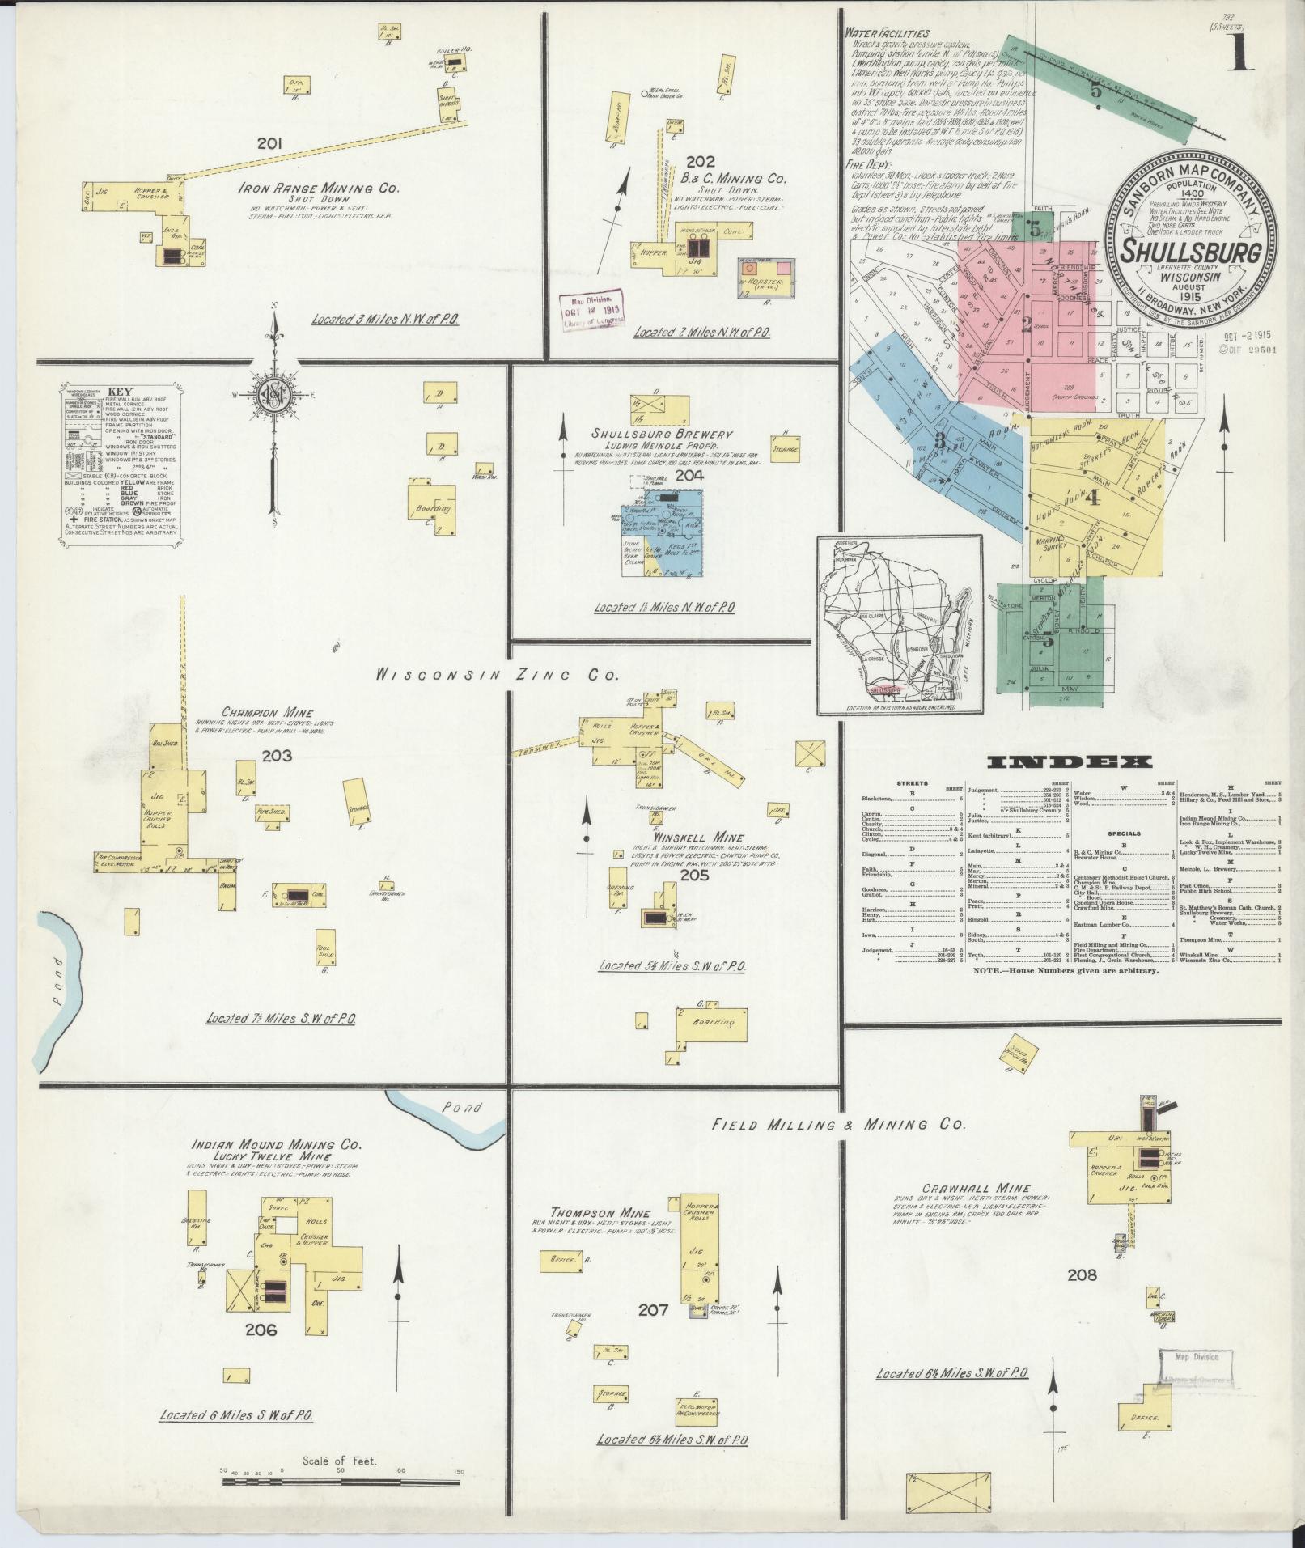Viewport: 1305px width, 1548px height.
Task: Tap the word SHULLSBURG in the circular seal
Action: coord(1188,252)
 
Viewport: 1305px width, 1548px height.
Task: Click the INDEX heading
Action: coord(1070,762)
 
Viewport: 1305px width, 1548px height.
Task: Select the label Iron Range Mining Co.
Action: coord(318,189)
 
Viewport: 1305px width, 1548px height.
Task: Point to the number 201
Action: coord(269,144)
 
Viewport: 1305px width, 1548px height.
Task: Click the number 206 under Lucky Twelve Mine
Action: coord(261,1330)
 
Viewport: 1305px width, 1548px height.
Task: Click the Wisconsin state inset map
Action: coord(899,625)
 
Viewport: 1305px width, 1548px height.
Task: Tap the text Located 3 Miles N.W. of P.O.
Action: coord(385,320)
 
